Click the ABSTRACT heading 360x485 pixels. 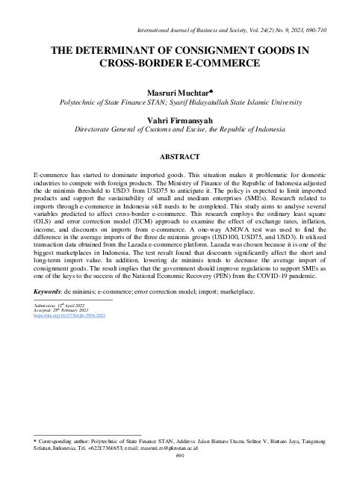tap(180, 156)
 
